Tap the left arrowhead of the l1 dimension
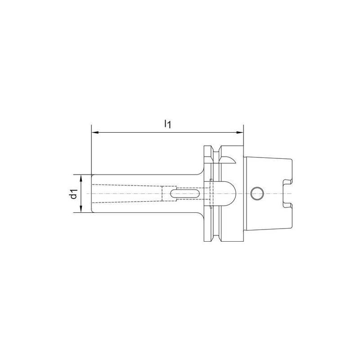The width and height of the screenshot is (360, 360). coord(94,133)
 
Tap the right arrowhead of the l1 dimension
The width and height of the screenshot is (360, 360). coord(240,133)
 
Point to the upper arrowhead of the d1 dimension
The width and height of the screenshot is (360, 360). coord(81,177)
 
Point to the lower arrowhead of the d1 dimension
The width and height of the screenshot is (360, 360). coord(81,210)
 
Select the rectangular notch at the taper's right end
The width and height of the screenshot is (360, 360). coord(286,193)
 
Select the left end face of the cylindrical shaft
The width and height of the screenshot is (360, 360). coord(92,193)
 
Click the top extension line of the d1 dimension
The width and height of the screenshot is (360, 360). coord(83,174)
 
